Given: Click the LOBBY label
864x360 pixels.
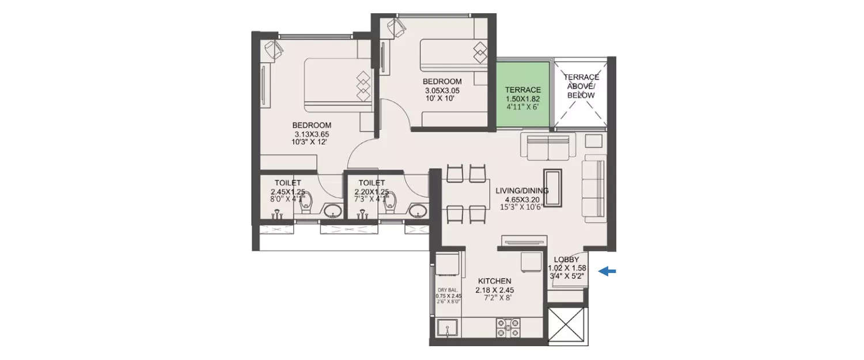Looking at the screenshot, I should tap(566, 260).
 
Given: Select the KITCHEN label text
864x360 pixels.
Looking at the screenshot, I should tap(494, 281).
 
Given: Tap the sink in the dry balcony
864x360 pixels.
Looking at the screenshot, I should tap(448, 329).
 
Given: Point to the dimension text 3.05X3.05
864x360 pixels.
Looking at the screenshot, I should tap(442, 90).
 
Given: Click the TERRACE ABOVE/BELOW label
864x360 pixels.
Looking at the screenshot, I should tap(581, 86).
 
